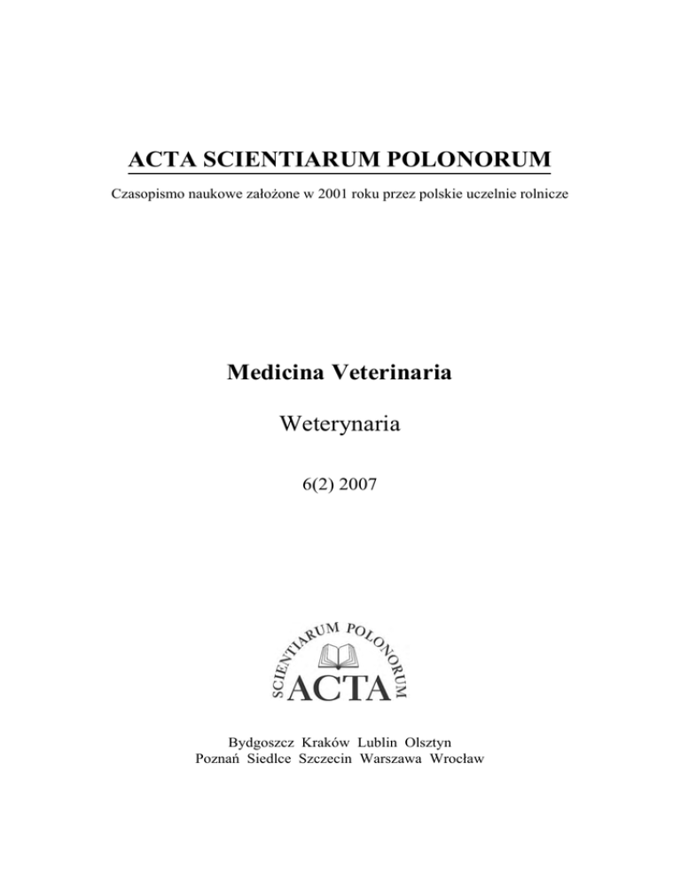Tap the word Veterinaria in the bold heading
396,373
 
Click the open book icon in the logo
340,655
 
